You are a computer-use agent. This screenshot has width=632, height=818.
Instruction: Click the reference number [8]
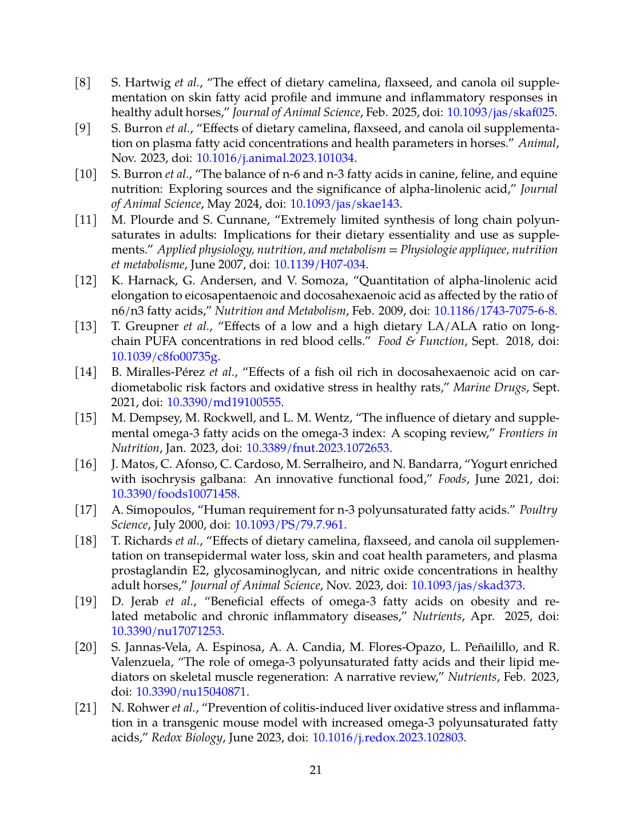click(83, 83)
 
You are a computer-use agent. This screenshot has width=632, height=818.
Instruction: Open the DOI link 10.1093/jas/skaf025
click(500, 113)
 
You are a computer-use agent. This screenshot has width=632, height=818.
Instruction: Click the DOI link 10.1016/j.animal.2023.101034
click(275, 158)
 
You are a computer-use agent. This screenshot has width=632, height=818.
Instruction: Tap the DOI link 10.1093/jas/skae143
click(345, 204)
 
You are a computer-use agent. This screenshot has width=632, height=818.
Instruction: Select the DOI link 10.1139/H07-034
click(320, 265)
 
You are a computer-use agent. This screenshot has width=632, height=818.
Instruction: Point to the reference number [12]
click(86, 281)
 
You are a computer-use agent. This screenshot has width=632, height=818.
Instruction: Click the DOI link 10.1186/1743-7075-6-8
click(494, 311)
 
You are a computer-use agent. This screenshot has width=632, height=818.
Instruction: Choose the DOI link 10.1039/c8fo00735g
click(164, 357)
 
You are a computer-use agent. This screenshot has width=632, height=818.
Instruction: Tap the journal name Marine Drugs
click(489, 388)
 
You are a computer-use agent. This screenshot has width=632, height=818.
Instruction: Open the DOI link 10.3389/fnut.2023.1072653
click(317, 448)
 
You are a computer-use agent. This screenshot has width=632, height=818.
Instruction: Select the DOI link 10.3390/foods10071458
click(174, 494)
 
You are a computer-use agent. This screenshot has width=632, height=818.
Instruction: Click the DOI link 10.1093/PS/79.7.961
click(289, 525)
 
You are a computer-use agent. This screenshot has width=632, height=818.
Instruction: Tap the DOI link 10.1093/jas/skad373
click(466, 586)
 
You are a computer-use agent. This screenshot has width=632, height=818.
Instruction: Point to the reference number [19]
click(86, 602)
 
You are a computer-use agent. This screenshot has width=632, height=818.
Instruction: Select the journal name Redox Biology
click(186, 738)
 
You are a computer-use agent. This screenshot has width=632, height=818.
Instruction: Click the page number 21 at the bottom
click(316, 771)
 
